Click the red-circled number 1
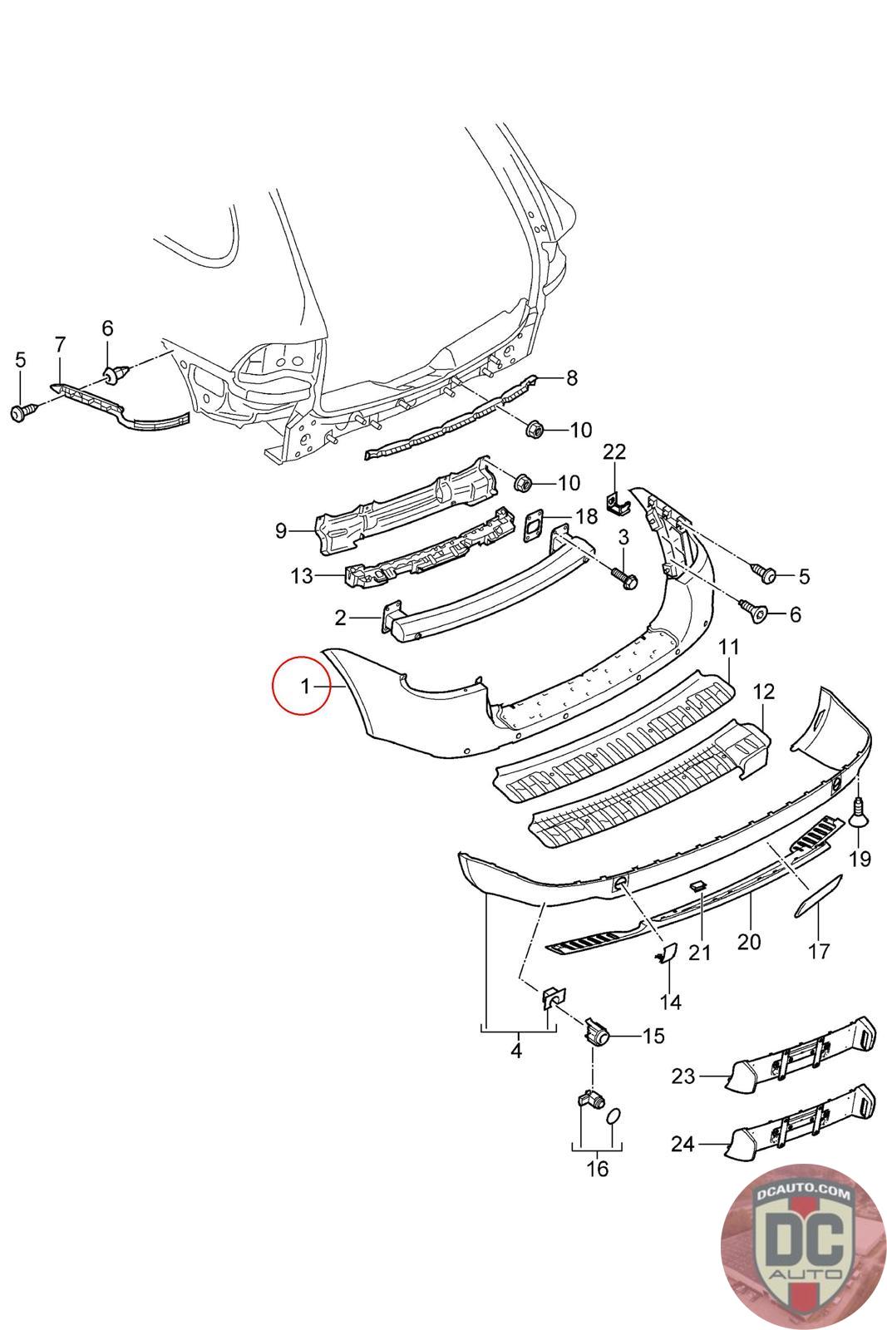(304, 686)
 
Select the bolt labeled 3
(624, 578)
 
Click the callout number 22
(614, 452)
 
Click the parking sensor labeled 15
(597, 1033)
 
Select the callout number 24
(682, 1145)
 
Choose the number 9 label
(280, 530)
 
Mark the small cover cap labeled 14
(667, 953)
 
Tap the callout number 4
(516, 1051)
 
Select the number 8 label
(572, 379)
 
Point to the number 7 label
(59, 343)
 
